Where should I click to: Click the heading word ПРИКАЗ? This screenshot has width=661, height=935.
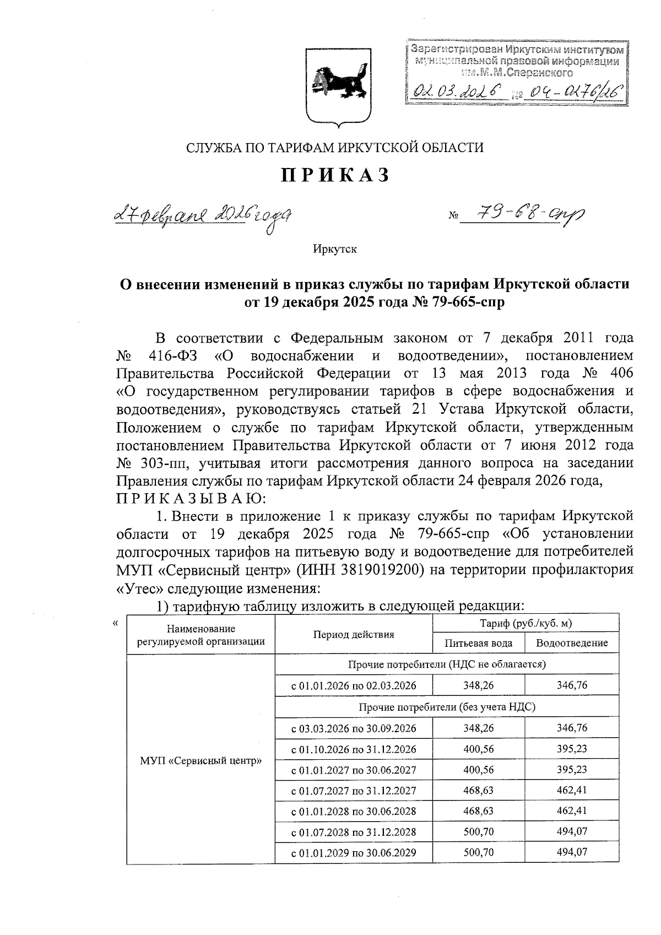[x=335, y=175]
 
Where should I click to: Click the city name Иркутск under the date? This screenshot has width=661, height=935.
[x=335, y=249]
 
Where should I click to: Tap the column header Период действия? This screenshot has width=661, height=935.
[x=354, y=634]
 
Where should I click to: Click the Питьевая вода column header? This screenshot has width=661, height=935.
[x=478, y=643]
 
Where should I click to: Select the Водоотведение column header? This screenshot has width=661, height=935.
[x=572, y=643]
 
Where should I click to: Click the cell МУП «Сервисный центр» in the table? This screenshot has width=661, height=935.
[x=201, y=761]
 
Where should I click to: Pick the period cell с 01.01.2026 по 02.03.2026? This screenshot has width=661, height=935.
[x=354, y=686]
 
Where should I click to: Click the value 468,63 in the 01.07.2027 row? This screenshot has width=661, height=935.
[x=478, y=790]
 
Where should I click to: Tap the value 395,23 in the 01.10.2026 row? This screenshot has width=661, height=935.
[x=572, y=749]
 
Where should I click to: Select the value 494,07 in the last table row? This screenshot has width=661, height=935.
[x=572, y=852]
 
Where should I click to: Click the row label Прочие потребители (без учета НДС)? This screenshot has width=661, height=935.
[x=447, y=707]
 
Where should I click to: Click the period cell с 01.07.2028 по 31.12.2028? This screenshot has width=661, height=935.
[x=354, y=832]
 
